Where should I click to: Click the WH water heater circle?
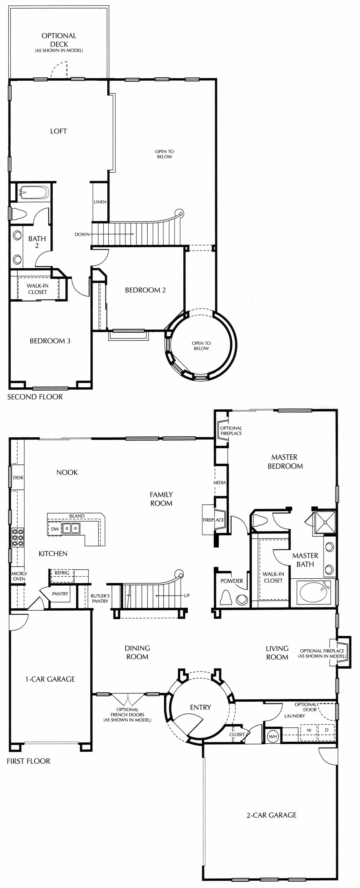(x=273, y=736)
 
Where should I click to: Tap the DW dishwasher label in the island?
(x=55, y=529)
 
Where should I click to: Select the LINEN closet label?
(x=100, y=202)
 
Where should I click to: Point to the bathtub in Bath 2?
(x=33, y=192)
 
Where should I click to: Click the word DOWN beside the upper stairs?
(x=82, y=234)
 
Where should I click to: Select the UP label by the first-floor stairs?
(x=187, y=595)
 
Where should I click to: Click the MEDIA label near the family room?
(x=220, y=483)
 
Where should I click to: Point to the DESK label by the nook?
(x=18, y=477)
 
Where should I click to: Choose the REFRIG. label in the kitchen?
(x=62, y=572)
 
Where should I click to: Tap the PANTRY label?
(x=60, y=594)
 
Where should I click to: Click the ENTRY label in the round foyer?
(x=200, y=707)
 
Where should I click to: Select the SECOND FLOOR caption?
(x=35, y=397)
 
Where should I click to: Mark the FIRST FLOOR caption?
(x=29, y=761)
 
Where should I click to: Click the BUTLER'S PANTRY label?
(x=100, y=598)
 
